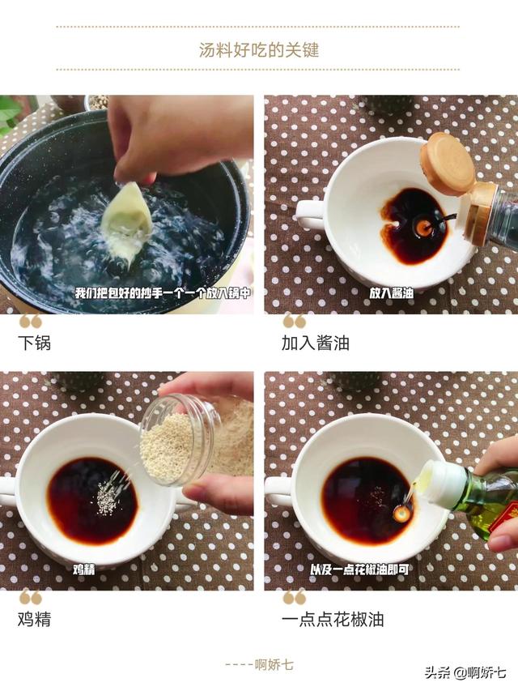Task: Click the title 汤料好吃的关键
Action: pyautogui.click(x=259, y=50)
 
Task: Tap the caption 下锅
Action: pyautogui.click(x=34, y=343)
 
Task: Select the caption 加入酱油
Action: pyautogui.click(x=315, y=343)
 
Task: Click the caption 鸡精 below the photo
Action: pyautogui.click(x=34, y=620)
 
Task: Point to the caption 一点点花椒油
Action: pyautogui.click(x=332, y=620)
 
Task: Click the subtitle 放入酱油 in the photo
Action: pyautogui.click(x=392, y=293)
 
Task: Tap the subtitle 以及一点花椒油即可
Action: pyautogui.click(x=359, y=569)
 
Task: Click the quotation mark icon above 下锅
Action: pyautogui.click(x=30, y=321)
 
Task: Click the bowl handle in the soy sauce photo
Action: pyautogui.click(x=308, y=215)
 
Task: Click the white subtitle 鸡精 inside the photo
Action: pyautogui.click(x=84, y=569)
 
